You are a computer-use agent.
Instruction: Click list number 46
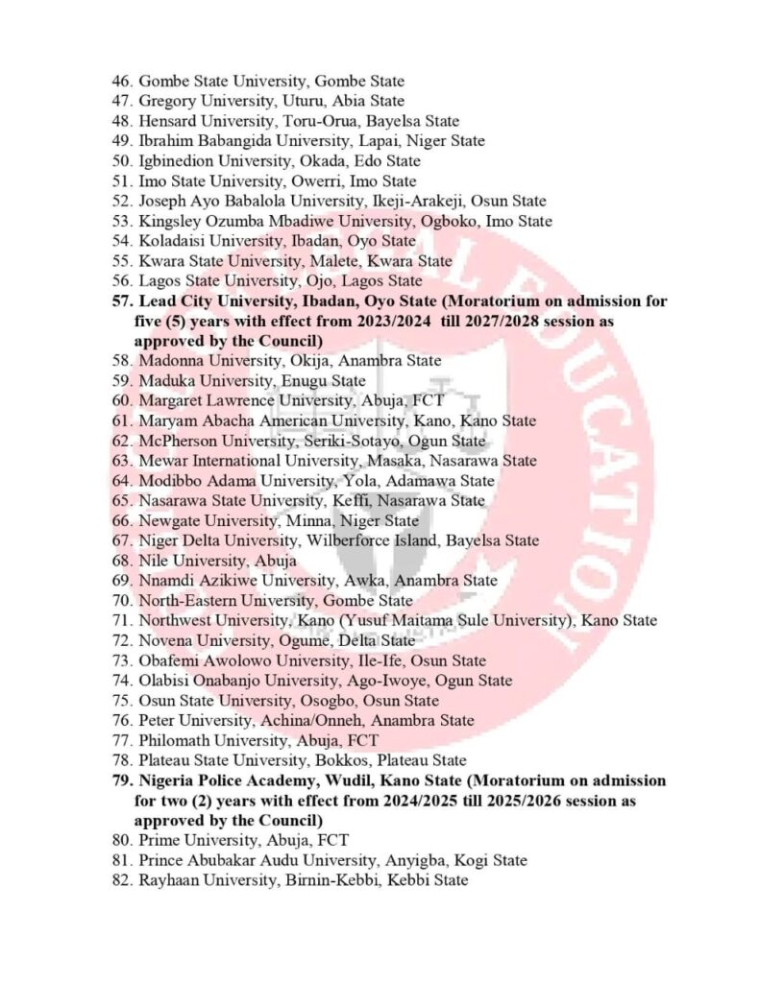122,82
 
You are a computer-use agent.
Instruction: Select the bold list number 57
122,301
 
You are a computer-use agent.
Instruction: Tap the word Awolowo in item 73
235,661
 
